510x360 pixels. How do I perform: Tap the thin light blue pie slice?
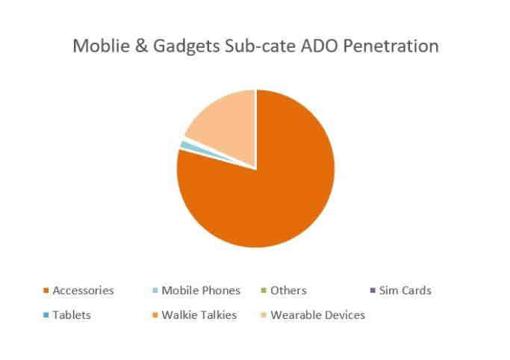(189, 146)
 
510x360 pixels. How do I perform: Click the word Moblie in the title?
(101, 46)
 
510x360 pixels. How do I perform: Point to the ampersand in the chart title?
(141, 46)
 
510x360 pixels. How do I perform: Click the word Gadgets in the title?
(186, 47)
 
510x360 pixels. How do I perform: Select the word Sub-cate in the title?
(260, 46)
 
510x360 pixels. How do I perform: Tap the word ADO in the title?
(320, 46)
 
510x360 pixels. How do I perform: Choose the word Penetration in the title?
(391, 46)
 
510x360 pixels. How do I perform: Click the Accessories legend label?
(84, 291)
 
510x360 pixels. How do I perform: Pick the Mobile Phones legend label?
(201, 291)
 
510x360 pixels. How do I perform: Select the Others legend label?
(288, 291)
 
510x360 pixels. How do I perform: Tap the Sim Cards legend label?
(405, 291)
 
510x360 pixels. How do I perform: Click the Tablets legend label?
(72, 315)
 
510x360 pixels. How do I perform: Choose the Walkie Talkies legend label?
(199, 315)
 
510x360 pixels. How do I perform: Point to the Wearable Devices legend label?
(318, 315)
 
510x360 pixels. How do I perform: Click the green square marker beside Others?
(264, 290)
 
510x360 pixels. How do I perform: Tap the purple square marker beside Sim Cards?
(373, 290)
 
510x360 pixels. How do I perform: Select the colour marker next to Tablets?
(46, 314)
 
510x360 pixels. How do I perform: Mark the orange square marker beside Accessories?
(46, 290)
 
